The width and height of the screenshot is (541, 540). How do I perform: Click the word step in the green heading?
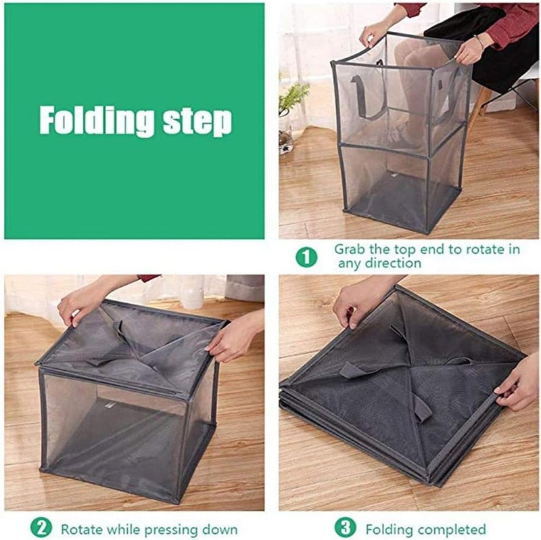197,122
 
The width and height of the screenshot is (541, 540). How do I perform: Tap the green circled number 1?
306,257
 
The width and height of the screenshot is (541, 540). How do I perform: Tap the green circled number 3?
345,528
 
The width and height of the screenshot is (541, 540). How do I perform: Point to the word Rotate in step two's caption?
82,529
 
